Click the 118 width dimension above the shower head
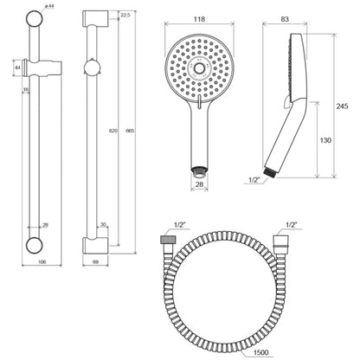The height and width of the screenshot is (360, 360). (x=199, y=19)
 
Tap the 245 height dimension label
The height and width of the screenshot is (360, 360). (x=342, y=106)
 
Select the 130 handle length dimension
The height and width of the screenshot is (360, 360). (x=325, y=140)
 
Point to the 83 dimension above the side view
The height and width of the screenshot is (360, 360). (x=285, y=19)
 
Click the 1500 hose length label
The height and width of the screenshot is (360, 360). (x=260, y=352)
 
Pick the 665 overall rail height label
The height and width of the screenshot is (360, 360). (x=131, y=131)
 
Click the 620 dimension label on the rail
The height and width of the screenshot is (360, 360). (x=113, y=131)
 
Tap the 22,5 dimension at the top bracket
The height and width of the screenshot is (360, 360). (x=125, y=15)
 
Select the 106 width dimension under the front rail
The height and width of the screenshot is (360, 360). (x=42, y=262)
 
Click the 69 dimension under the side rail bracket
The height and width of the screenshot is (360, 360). (x=96, y=262)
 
